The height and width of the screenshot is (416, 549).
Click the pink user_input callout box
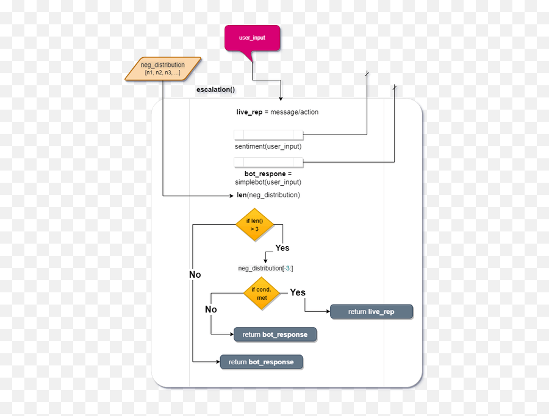pos(252,38)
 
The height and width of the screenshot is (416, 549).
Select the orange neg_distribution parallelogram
pos(163,69)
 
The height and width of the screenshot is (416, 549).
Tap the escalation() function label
pos(215,90)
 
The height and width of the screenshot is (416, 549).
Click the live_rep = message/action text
pos(278,112)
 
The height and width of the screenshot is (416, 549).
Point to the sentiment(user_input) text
pos(268,146)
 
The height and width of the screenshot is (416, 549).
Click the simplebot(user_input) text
pos(268,182)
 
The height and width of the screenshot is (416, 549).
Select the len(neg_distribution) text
pos(268,195)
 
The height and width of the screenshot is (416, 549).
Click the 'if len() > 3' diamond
pos(255,225)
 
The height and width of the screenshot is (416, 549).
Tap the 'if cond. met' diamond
pos(262,294)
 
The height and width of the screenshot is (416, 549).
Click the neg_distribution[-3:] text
pos(266,268)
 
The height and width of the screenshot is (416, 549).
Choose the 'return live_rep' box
pos(371,312)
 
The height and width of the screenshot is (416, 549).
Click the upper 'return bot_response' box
pos(275,334)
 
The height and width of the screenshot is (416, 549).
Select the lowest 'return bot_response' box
pos(261,362)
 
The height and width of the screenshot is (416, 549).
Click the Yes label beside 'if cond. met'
pos(298,292)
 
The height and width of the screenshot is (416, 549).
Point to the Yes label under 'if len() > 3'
pos(282,248)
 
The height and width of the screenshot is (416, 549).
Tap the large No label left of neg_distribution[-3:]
pos(195,275)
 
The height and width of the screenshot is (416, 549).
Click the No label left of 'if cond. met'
pos(210,309)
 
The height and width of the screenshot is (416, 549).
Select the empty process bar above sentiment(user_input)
pos(268,135)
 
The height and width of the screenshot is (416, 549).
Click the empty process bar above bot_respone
pos(268,162)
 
